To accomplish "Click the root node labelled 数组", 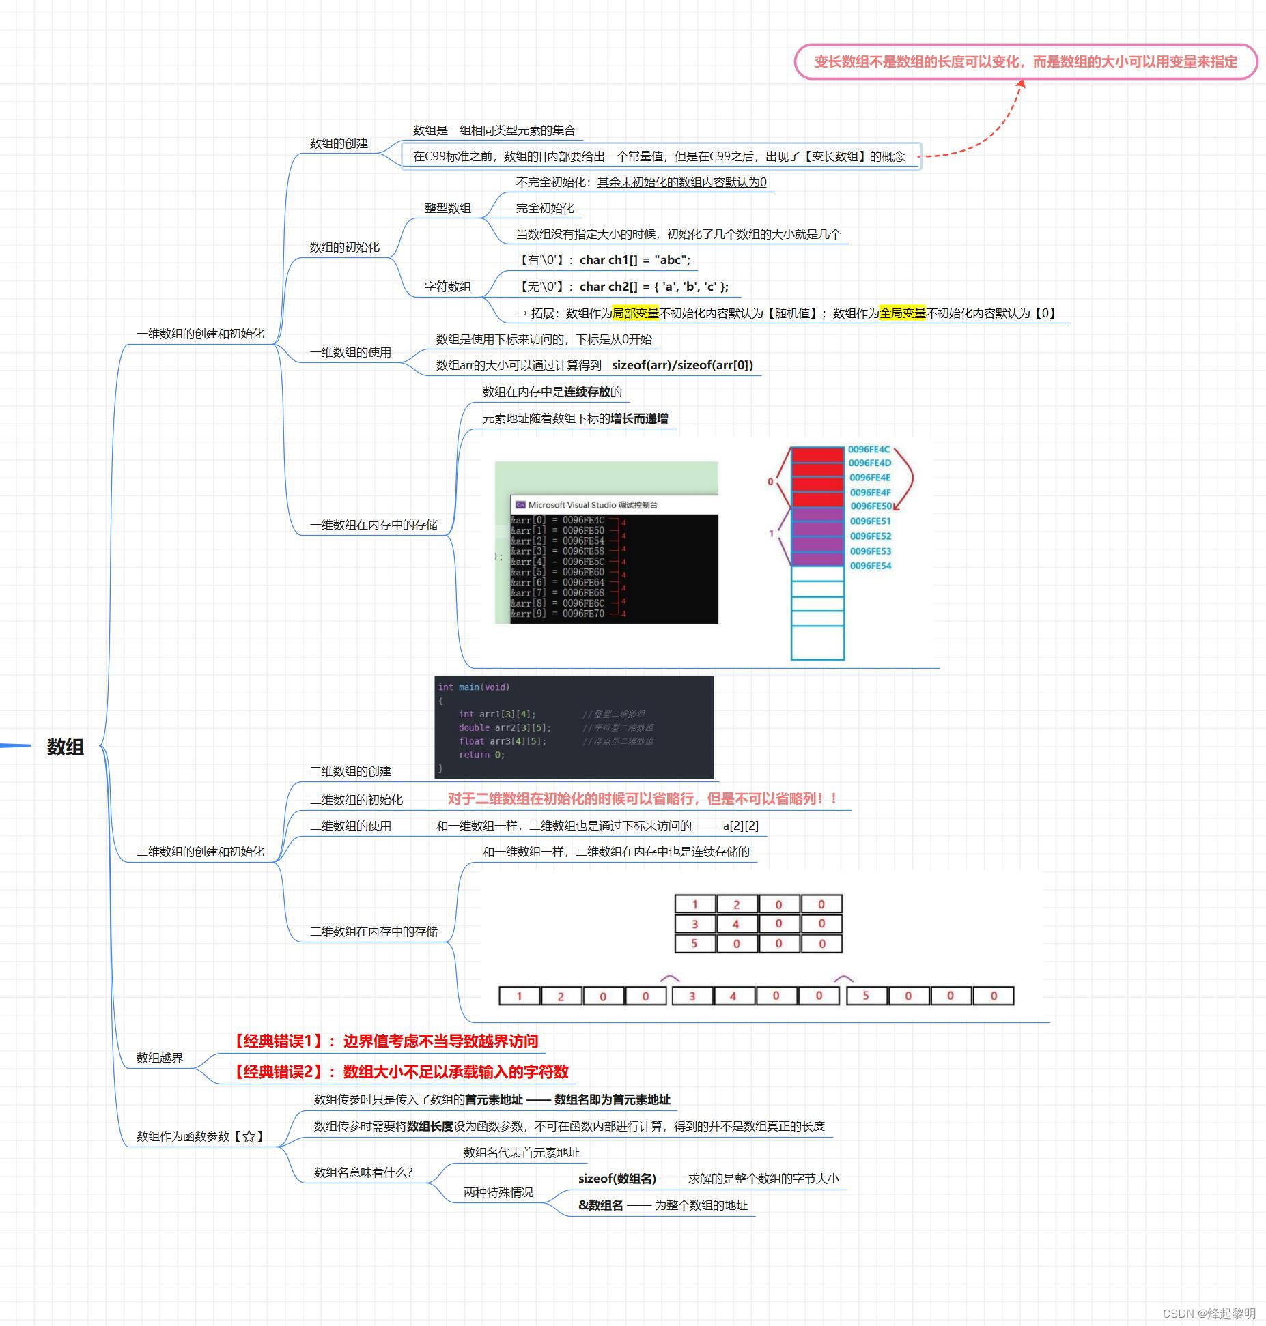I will [66, 747].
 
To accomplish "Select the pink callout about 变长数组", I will [1025, 62].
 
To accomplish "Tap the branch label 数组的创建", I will [339, 143].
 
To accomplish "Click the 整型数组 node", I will [447, 208].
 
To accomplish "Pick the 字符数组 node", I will [447, 287].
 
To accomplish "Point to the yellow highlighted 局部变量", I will [635, 313].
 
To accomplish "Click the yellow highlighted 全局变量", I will [902, 313].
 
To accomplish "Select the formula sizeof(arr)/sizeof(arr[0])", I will [682, 365].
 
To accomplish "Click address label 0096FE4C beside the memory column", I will [869, 450].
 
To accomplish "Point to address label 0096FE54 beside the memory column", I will [870, 566].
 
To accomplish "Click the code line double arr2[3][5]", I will [505, 727].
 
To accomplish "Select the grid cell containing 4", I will [735, 924].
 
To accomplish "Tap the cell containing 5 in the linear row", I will [866, 996].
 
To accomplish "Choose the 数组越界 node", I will [160, 1058].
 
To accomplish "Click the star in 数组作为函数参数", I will [249, 1136].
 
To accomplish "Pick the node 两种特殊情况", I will [498, 1192].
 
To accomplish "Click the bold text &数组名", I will [600, 1205].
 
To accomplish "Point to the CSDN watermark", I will [1208, 1314].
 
